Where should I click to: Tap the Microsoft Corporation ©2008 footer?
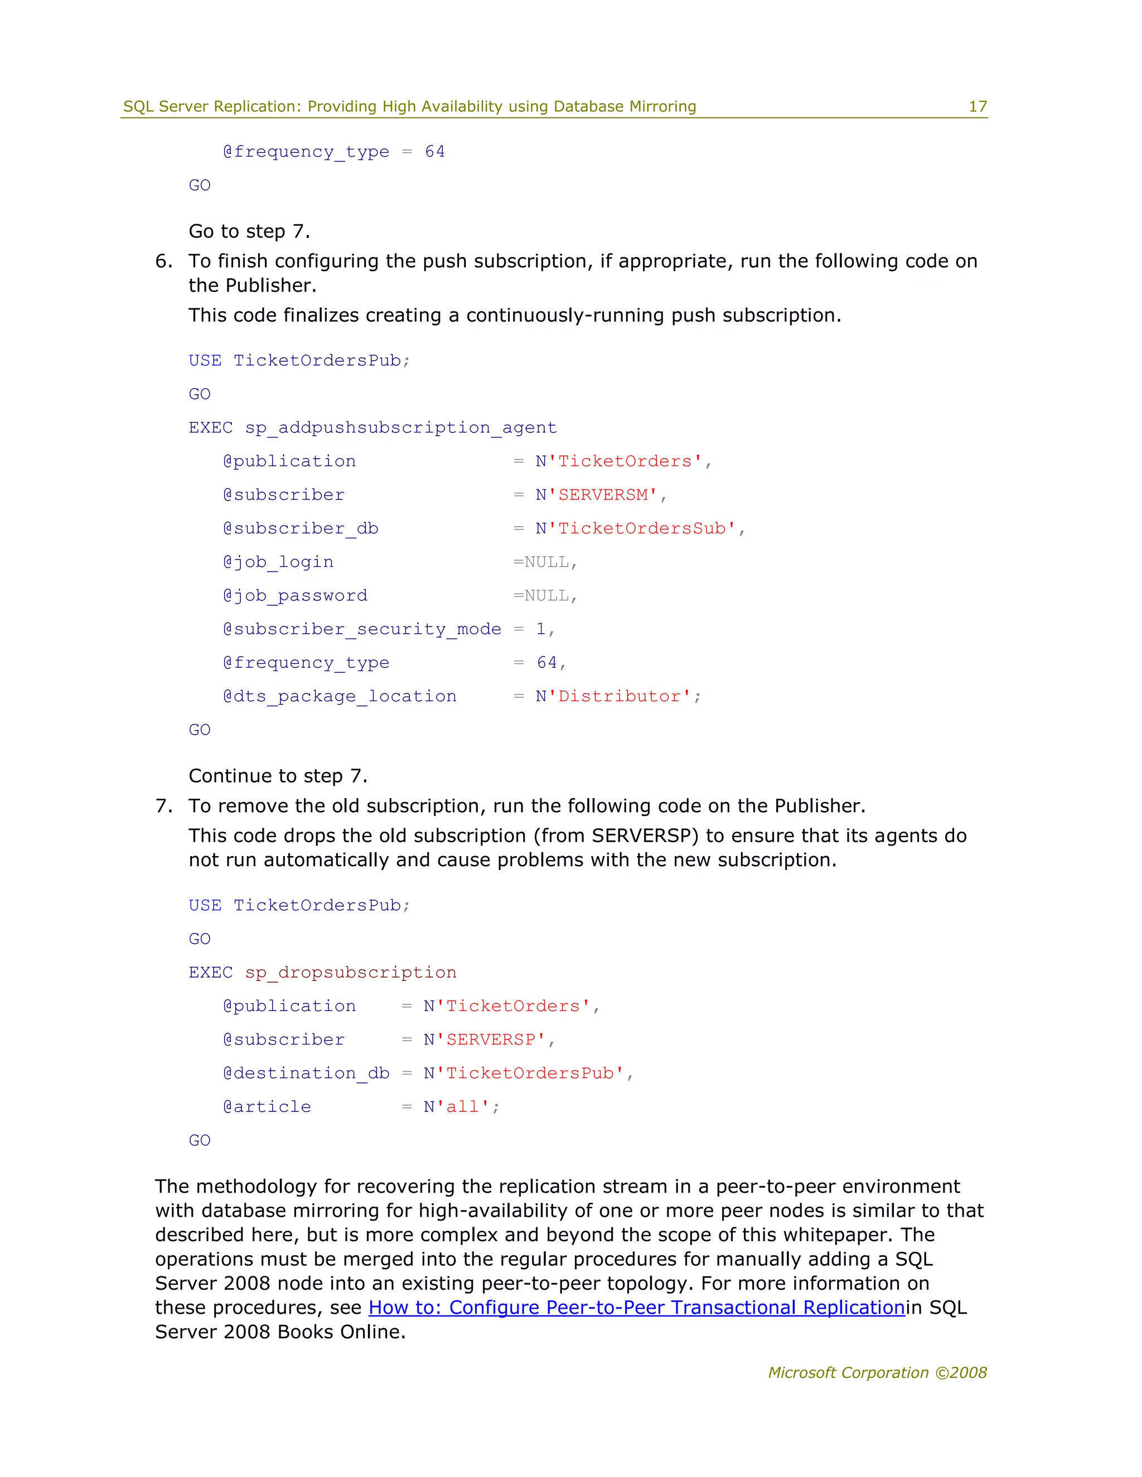point(877,1372)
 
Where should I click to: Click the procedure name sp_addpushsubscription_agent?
point(400,427)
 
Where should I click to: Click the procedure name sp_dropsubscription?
point(350,972)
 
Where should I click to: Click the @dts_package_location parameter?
point(340,696)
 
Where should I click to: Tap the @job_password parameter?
point(295,595)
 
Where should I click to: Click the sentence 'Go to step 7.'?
point(249,231)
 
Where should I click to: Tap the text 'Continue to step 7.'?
point(277,776)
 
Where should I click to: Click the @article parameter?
point(267,1106)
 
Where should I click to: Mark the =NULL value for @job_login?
point(545,562)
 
